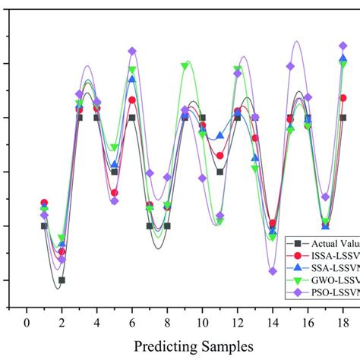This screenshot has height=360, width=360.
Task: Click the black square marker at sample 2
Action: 62,280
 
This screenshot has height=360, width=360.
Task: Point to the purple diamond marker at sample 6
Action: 132,51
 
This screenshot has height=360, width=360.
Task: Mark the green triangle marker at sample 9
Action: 185,66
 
